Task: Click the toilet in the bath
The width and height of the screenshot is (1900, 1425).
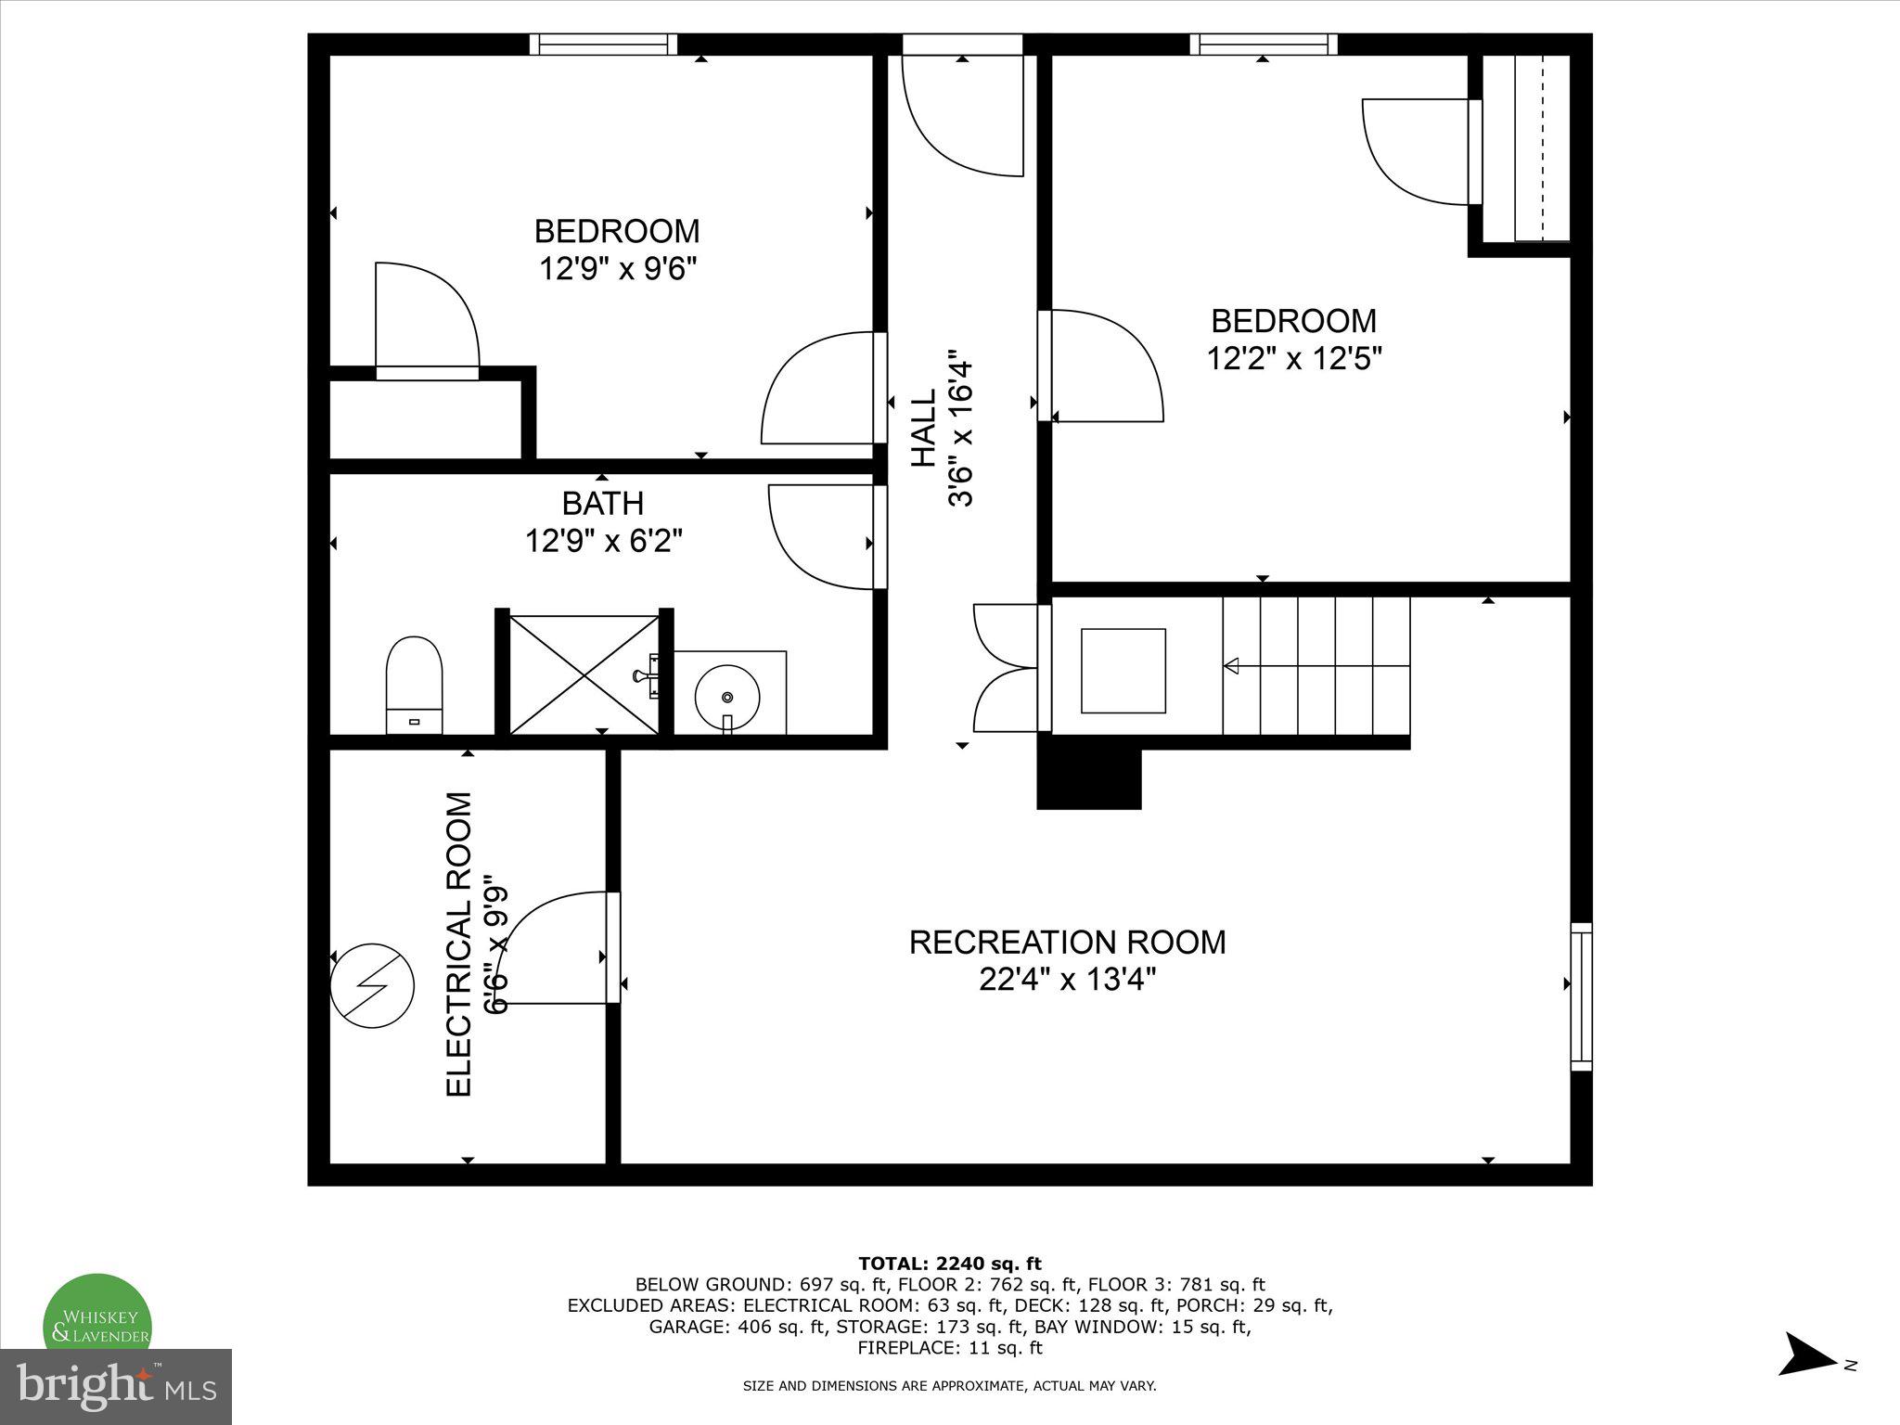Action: tap(414, 684)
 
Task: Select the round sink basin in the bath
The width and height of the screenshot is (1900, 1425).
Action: tap(728, 696)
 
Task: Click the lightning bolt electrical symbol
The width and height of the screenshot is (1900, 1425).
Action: tap(372, 986)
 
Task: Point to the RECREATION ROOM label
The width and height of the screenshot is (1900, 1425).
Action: tap(1067, 942)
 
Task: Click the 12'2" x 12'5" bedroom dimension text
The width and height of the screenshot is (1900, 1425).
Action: tap(1294, 359)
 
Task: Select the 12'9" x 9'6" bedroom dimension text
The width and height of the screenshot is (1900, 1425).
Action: tap(618, 269)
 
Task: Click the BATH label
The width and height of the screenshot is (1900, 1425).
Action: tap(603, 504)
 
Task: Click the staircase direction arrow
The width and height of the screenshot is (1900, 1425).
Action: tap(1232, 665)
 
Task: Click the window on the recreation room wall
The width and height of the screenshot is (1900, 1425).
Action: tap(1581, 996)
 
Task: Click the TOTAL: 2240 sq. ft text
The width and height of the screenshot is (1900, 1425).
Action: tap(950, 1264)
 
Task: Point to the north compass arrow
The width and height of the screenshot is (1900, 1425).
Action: tap(1806, 1380)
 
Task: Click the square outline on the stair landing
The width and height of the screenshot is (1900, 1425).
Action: tap(1123, 670)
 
